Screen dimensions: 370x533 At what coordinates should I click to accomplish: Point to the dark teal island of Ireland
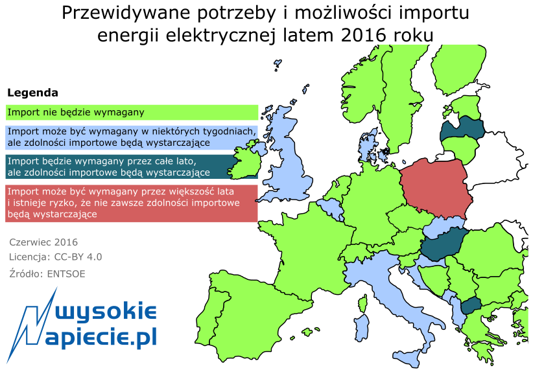click(x=244, y=163)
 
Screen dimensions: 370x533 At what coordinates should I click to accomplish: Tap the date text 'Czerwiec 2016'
click(x=43, y=242)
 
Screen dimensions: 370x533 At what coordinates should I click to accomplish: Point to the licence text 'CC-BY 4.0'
click(x=78, y=257)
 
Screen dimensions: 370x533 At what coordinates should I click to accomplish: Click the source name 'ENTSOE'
click(x=66, y=273)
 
